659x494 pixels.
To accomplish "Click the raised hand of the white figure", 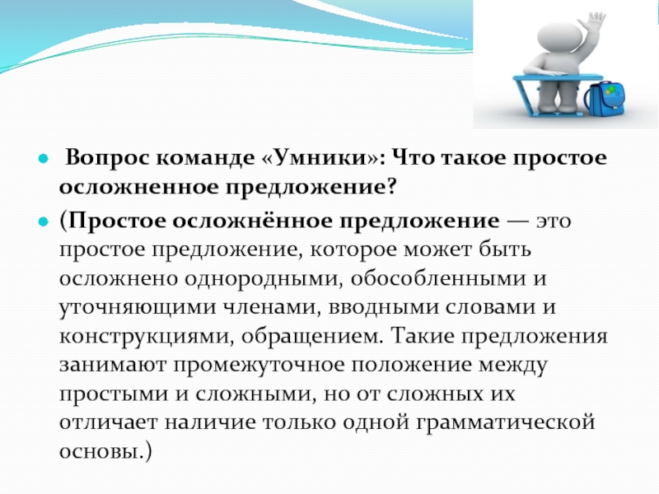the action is point(596,22).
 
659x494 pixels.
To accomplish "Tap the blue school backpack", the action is point(605,99).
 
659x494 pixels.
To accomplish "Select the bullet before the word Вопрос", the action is point(44,159).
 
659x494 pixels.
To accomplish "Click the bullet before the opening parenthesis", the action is point(44,221).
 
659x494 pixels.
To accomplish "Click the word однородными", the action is point(261,279).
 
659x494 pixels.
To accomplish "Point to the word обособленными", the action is point(438,278).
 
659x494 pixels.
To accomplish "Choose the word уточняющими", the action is point(136,308).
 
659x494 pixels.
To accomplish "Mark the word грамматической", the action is point(506,423).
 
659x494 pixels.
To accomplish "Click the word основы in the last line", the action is point(99,452).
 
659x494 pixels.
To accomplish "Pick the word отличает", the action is point(108,423).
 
